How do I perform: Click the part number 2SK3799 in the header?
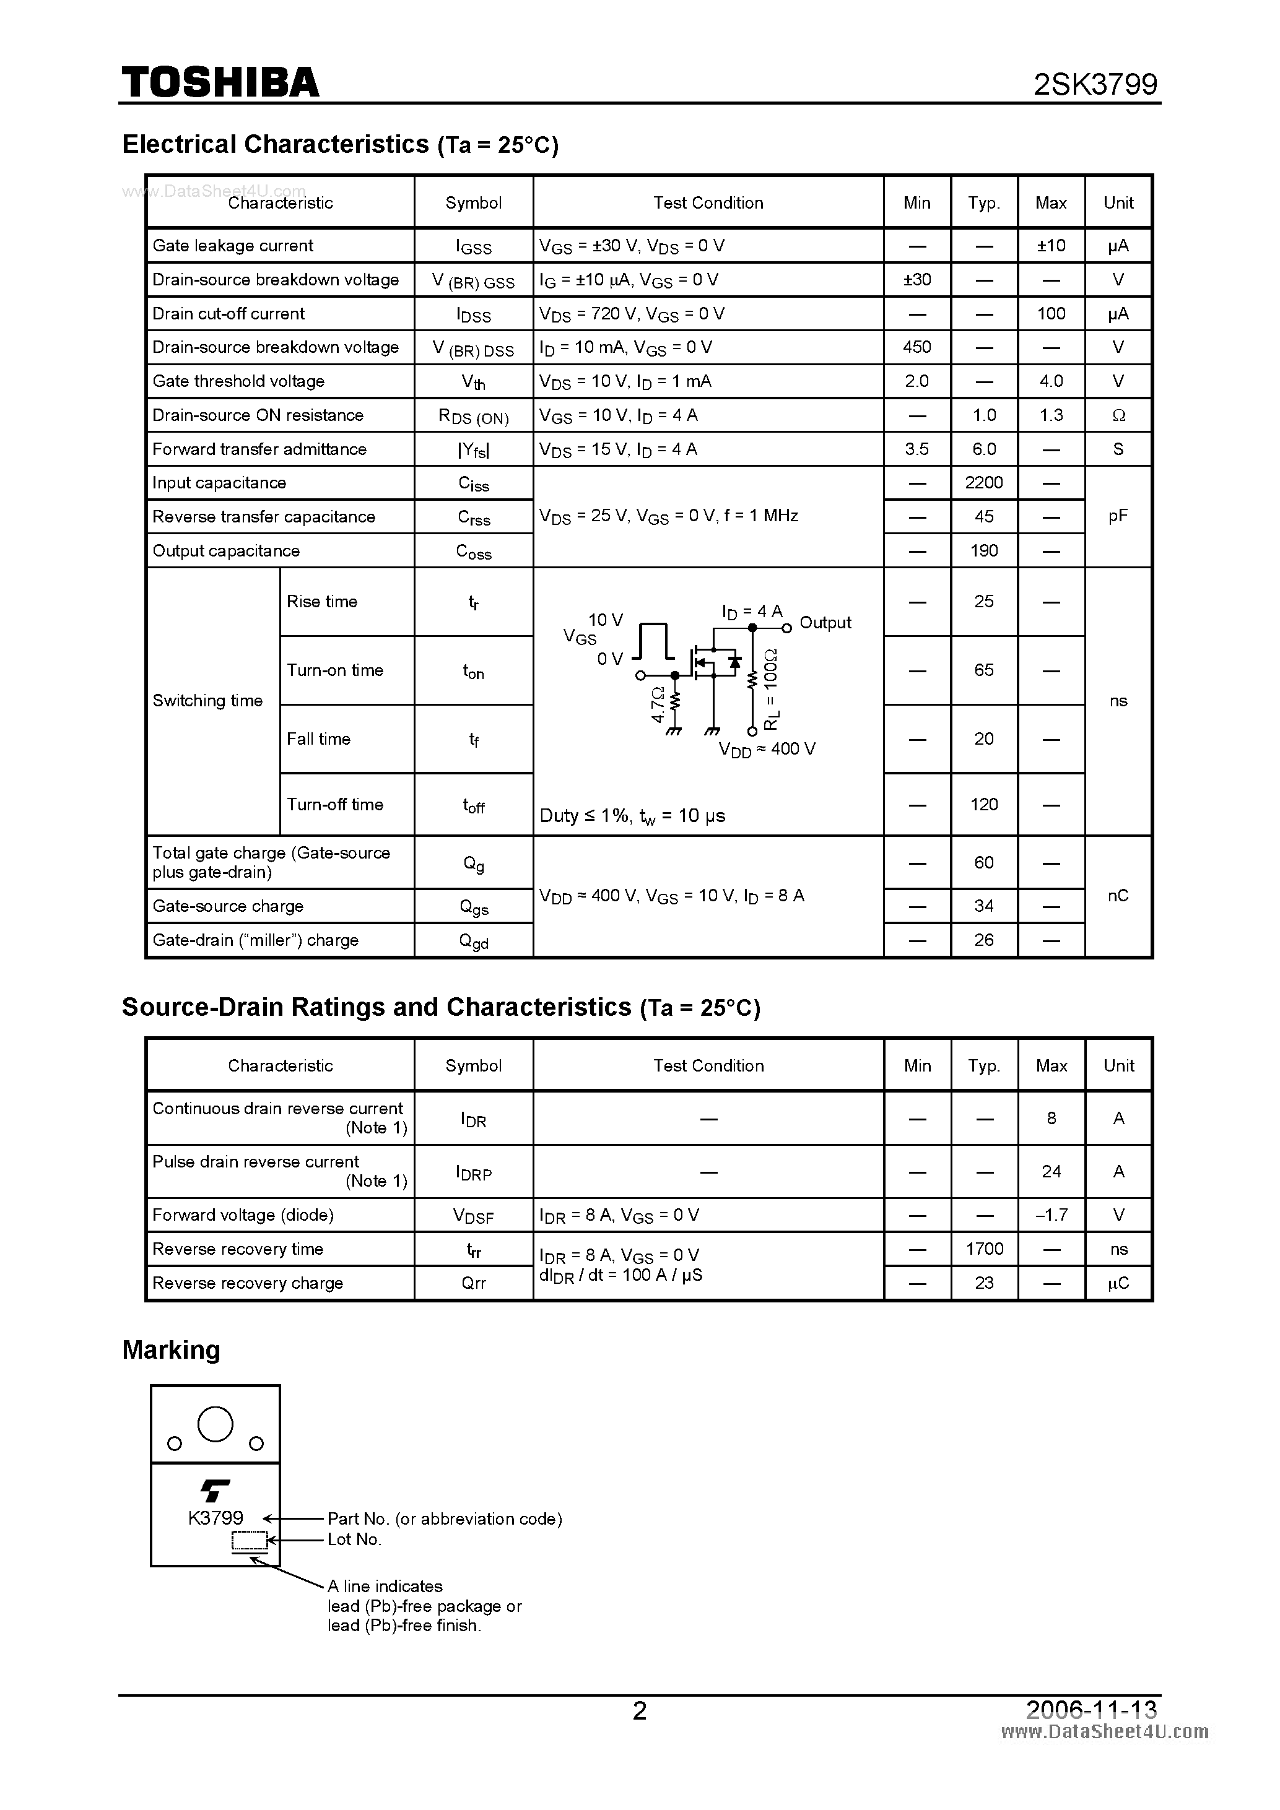tap(1095, 84)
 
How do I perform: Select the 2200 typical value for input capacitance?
tap(983, 482)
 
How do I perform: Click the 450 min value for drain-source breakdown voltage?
tap(916, 347)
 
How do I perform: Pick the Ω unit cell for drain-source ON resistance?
tap(1118, 415)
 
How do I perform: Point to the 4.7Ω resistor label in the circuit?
tap(658, 704)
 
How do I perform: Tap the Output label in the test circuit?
tap(825, 623)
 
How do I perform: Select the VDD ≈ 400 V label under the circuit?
tap(767, 749)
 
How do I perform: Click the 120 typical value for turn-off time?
tap(983, 804)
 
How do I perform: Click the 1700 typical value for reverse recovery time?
tap(983, 1249)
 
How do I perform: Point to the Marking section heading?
tap(171, 1349)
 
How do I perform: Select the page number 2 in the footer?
tap(640, 1710)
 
